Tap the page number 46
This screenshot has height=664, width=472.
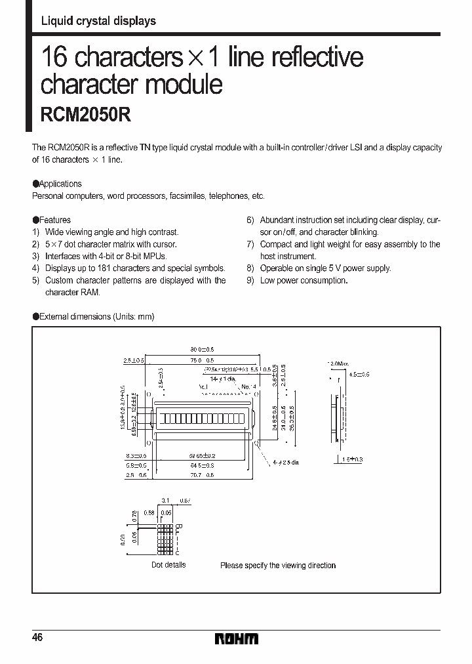[38, 638]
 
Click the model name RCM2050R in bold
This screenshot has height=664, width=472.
[86, 115]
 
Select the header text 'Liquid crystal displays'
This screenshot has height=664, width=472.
[98, 21]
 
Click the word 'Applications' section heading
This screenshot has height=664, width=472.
[60, 184]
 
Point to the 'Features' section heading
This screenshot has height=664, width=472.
[55, 220]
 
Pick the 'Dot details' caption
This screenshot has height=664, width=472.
[168, 565]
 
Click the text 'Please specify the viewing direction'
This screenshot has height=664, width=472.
[278, 566]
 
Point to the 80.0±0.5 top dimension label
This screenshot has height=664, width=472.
[202, 350]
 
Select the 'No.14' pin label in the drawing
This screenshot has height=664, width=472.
[248, 387]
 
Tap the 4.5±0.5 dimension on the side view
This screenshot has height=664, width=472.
[359, 374]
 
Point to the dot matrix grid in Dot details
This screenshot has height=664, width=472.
[164, 541]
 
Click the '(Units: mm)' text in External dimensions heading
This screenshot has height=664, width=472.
[133, 316]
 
